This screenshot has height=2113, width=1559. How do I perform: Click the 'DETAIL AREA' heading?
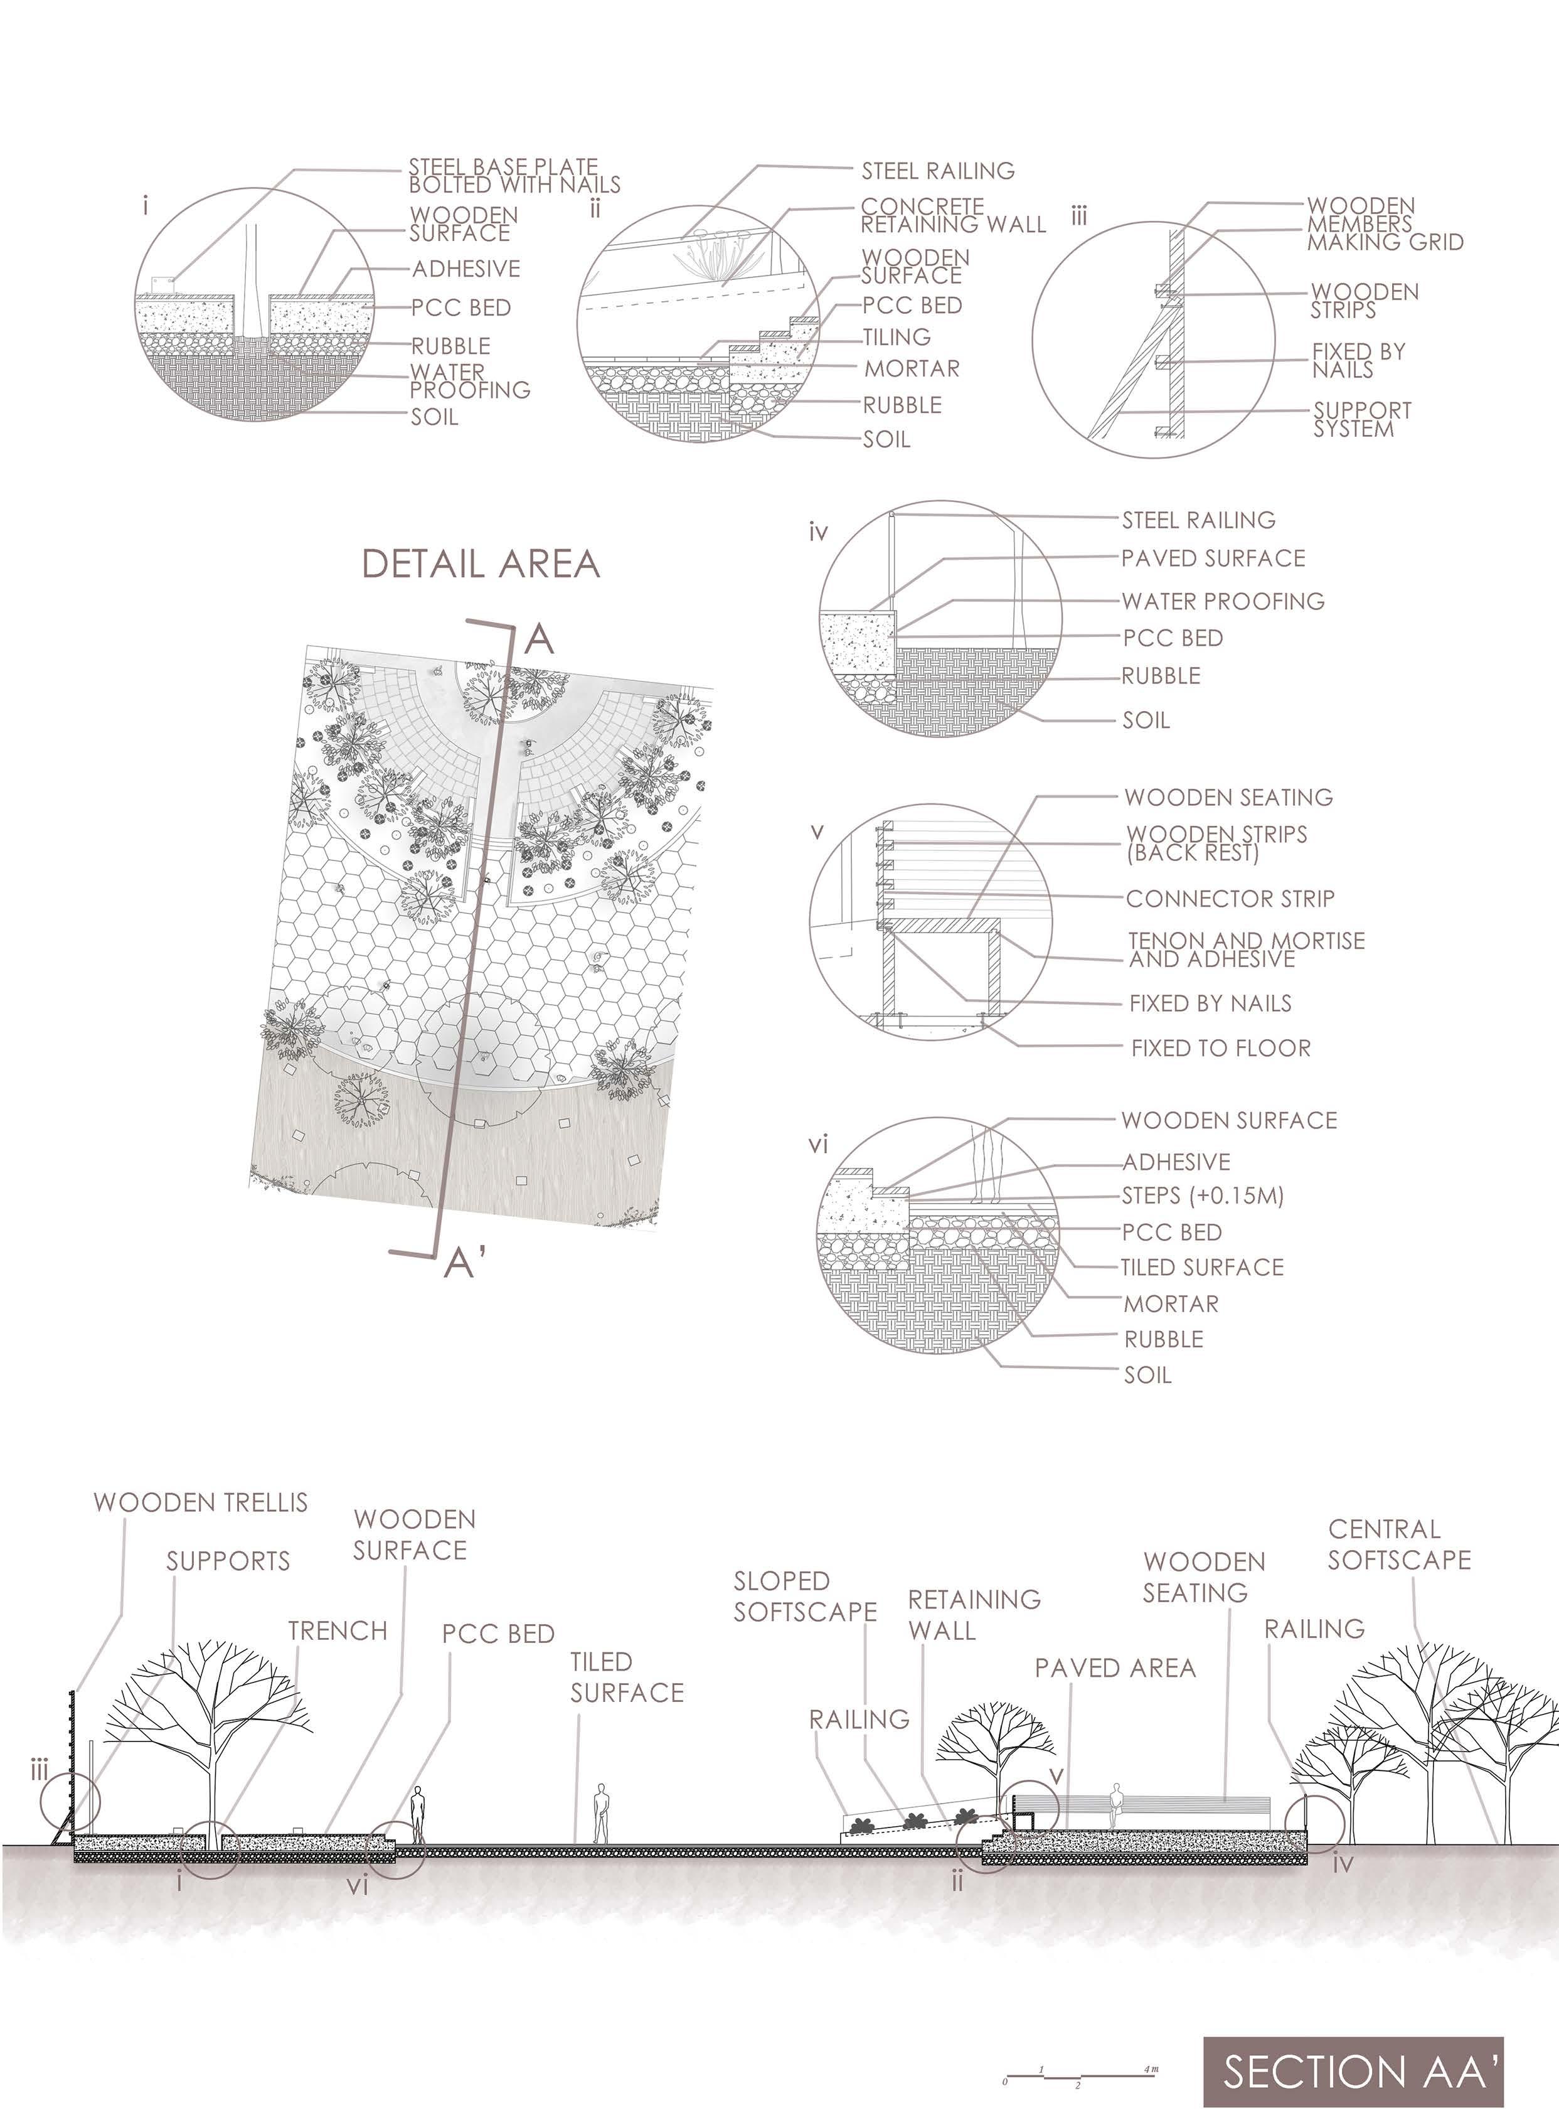tap(481, 564)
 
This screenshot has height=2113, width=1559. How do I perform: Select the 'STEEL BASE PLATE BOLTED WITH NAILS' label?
tap(514, 176)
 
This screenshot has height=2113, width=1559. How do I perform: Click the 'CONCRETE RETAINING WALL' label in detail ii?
tap(952, 215)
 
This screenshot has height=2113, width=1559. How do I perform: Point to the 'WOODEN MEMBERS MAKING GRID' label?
tap(1385, 225)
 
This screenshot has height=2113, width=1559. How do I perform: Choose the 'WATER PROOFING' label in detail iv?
tap(1222, 601)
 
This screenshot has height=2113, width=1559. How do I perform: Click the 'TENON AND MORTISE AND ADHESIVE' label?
tap(1246, 950)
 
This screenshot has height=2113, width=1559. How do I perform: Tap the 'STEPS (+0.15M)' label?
tap(1202, 1196)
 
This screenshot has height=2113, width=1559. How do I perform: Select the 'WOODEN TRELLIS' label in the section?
tap(201, 1502)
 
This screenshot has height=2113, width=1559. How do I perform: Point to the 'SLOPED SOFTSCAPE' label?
tap(805, 1597)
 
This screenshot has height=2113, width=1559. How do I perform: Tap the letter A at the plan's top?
tap(538, 640)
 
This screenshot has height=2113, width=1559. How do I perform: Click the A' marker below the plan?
tap(466, 1262)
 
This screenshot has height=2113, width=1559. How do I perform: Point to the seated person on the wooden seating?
tap(1117, 1804)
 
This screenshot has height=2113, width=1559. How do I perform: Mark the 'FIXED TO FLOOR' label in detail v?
tap(1220, 1047)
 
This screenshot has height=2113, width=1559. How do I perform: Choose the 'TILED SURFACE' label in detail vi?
tap(1201, 1268)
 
